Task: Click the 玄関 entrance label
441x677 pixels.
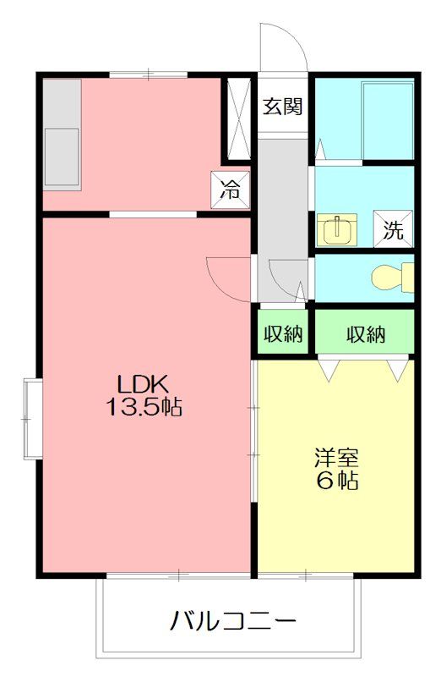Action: pos(283,107)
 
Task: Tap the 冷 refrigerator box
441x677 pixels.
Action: pos(231,190)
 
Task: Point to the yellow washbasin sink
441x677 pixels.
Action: pos(337,229)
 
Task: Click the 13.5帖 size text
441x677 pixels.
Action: pos(144,407)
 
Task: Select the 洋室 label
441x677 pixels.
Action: pos(337,458)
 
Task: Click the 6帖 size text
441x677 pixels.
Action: pos(337,482)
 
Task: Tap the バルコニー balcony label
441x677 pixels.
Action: pos(233,623)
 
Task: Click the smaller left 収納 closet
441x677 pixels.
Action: pos(282,334)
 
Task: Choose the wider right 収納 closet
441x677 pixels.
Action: pos(365,334)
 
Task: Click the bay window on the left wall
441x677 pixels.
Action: pos(32,418)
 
